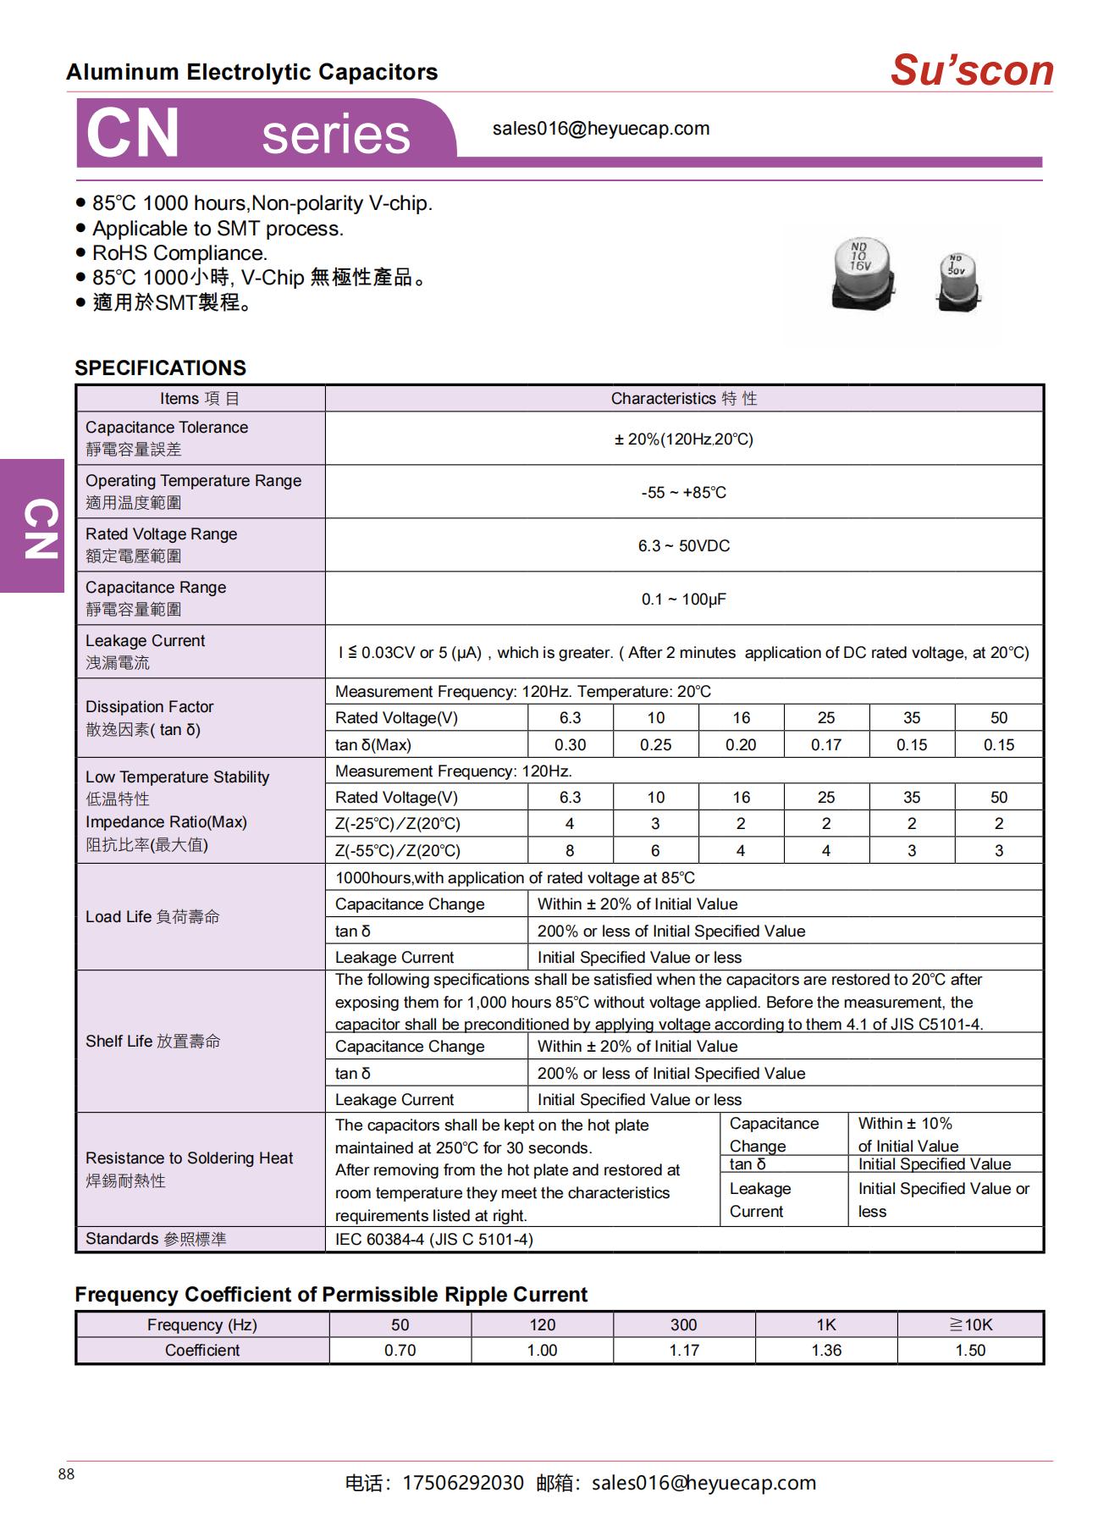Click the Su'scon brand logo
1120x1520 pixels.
971,70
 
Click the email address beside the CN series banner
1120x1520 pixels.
600,129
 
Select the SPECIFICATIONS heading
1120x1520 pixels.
160,368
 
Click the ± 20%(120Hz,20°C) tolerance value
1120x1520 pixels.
683,439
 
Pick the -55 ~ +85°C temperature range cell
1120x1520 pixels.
683,492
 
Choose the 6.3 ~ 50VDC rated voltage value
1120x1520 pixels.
683,545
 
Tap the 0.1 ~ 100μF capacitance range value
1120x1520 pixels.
683,599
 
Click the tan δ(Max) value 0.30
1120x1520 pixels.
570,744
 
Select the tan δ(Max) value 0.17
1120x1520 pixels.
826,744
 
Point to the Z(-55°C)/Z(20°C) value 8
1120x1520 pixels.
570,850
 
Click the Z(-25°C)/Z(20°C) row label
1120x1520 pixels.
397,824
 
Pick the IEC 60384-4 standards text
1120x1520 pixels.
433,1239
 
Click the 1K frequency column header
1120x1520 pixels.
825,1324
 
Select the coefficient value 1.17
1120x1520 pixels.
684,1350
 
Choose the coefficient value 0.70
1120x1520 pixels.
400,1350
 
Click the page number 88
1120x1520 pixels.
66,1474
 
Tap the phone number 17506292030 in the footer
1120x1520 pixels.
462,1483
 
